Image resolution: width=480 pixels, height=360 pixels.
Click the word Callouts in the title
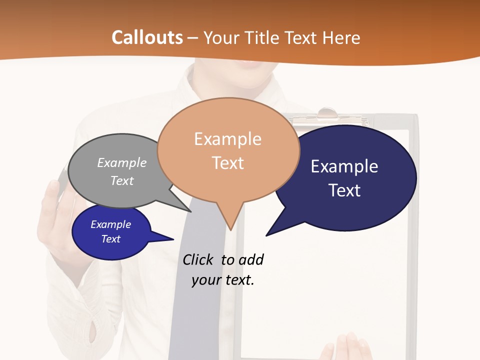tap(147, 37)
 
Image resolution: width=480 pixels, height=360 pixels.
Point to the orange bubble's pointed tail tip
tap(230, 229)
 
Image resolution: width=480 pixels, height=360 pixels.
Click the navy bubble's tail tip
tap(266, 235)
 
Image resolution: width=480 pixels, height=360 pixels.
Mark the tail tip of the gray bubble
tap(191, 211)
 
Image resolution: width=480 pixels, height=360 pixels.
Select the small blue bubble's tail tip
tap(173, 239)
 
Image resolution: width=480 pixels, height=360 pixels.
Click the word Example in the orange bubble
tap(227, 139)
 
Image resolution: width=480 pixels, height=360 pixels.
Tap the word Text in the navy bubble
tap(344, 190)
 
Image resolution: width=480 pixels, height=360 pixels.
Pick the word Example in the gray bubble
tap(122, 162)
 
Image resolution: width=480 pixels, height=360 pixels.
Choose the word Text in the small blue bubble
tap(111, 239)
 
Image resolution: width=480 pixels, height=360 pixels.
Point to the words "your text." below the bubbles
tap(223, 280)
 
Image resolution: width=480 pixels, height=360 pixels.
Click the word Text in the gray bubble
tap(122, 180)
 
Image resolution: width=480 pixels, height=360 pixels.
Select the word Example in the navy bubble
tap(344, 166)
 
